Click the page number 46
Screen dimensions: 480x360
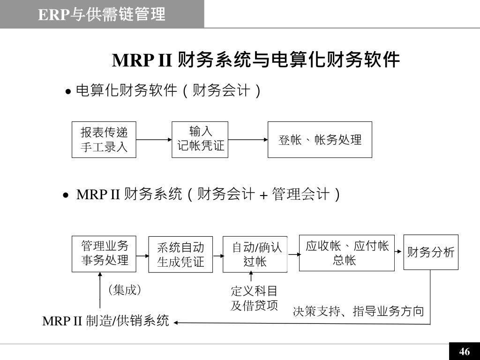tap(465, 352)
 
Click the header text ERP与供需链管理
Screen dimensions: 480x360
tap(102, 15)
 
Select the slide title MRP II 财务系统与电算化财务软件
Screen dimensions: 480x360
tap(256, 60)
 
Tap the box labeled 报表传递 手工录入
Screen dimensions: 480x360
tap(104, 140)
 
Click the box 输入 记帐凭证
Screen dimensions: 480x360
tap(200, 140)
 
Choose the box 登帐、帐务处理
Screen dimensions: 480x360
tap(320, 140)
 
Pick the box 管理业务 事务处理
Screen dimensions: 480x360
tap(104, 254)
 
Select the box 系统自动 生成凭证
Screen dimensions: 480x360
tap(180, 255)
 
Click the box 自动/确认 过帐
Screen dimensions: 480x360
tap(255, 255)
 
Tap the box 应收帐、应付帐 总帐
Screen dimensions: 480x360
tap(346, 253)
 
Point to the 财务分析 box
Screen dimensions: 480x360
tap(431, 252)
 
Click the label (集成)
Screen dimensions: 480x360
tap(125, 290)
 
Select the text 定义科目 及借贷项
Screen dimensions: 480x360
tap(254, 298)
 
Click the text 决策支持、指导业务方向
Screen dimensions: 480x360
tap(358, 311)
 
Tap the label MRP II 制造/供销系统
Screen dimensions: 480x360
tap(105, 321)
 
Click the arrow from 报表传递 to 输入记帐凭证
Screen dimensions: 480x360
tap(154, 140)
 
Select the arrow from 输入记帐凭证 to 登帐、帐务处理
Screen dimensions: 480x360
tap(248, 140)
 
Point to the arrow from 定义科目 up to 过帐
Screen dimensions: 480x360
tap(251, 277)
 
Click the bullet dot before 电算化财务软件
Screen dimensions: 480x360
tap(68, 91)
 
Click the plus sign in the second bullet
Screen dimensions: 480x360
tap(263, 195)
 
